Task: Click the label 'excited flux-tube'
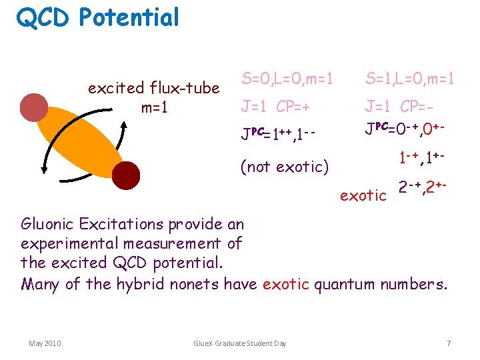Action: pos(154,88)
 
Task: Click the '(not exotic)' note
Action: pos(285,166)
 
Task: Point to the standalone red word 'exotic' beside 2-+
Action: pos(363,195)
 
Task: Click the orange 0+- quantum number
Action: pos(433,127)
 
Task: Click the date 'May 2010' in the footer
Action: pos(45,343)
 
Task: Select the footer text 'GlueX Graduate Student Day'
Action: pos(239,343)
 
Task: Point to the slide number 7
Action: pos(449,343)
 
